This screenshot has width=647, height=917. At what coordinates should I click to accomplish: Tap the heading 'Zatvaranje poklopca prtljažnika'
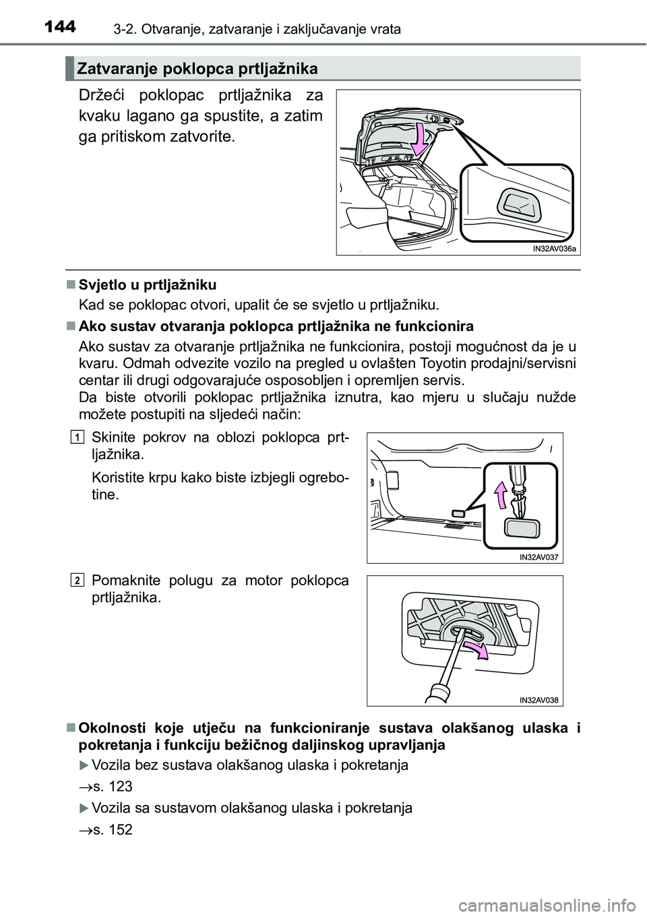coord(197,69)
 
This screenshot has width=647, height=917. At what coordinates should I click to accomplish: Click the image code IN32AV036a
coord(554,248)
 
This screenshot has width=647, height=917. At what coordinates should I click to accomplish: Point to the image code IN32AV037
coord(541,556)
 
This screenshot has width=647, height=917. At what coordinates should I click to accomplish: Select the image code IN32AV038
coord(541,700)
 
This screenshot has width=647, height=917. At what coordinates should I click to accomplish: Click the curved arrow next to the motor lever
coord(477,652)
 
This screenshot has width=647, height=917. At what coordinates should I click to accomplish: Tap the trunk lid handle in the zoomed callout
coord(518,204)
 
